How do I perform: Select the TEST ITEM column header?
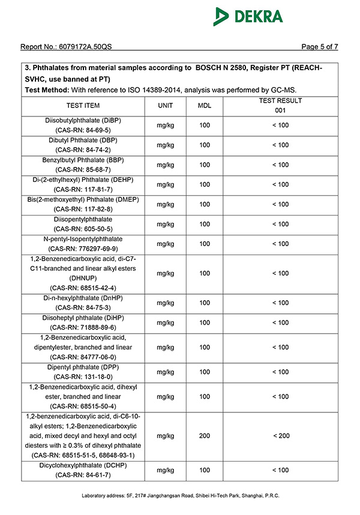click(x=83, y=106)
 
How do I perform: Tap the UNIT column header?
click(x=165, y=106)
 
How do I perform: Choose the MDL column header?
click(x=205, y=106)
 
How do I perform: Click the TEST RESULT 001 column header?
click(x=280, y=106)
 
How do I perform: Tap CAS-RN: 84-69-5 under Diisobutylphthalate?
click(x=83, y=130)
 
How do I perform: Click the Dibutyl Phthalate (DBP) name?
click(x=83, y=140)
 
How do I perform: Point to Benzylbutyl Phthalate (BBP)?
click(x=83, y=160)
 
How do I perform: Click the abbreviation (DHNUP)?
click(x=83, y=278)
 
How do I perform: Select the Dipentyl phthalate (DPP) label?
click(x=83, y=367)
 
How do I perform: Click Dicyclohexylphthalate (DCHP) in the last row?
click(x=83, y=465)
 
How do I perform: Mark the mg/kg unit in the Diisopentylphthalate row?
click(x=165, y=224)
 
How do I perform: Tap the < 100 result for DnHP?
click(x=280, y=303)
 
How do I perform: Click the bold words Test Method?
click(x=47, y=89)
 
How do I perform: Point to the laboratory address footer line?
click(x=180, y=496)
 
